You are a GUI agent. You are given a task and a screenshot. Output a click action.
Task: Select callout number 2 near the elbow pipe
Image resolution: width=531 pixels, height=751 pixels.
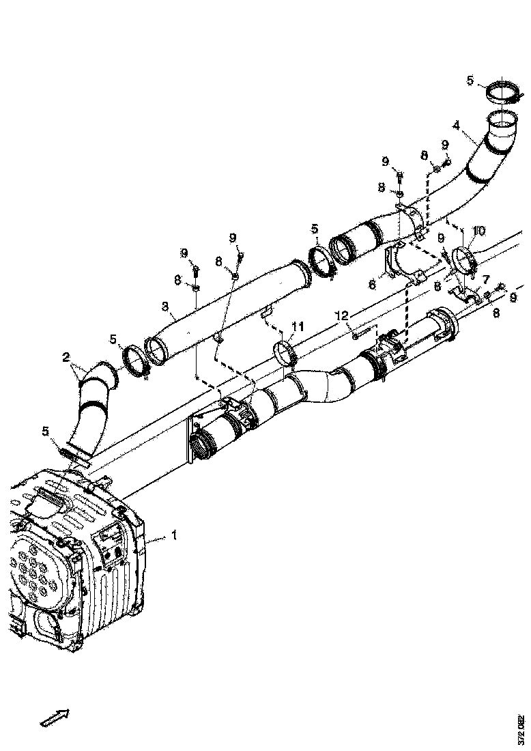point(66,357)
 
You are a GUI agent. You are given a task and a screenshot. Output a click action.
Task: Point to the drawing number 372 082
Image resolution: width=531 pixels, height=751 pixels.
point(521,729)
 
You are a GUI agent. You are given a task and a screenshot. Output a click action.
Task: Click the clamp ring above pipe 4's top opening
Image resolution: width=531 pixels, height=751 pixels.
point(506,94)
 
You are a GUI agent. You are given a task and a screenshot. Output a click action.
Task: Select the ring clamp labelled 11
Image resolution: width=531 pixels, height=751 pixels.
point(285,354)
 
